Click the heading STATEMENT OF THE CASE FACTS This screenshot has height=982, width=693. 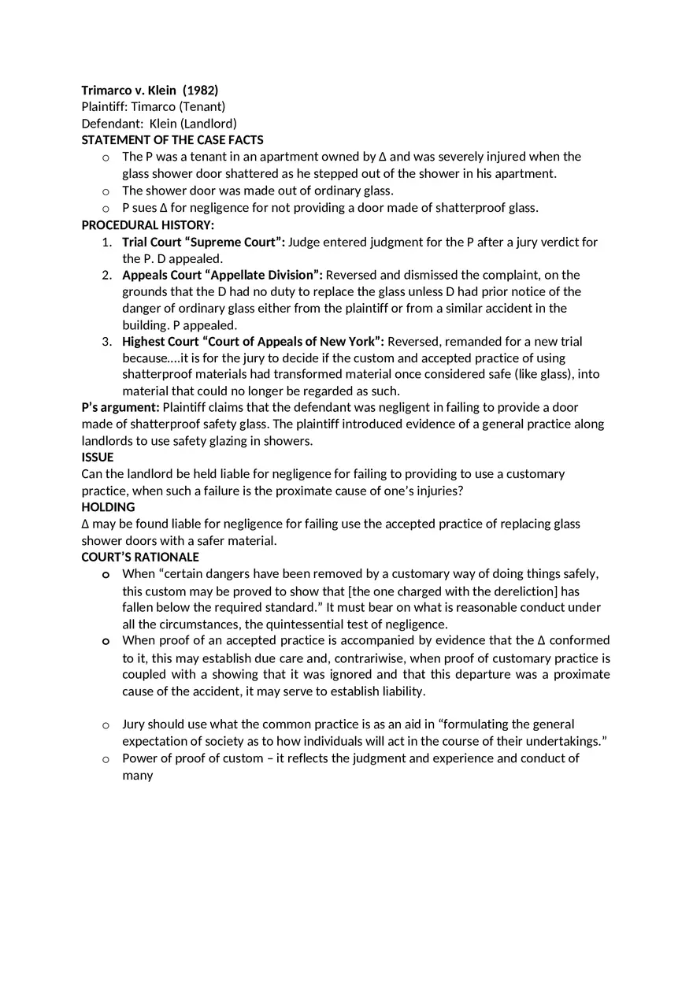[x=172, y=139]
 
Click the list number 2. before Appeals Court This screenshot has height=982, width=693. [x=106, y=275]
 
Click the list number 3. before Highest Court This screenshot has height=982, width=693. [x=106, y=341]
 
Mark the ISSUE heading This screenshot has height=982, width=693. [x=98, y=457]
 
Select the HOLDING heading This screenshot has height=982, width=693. [x=108, y=507]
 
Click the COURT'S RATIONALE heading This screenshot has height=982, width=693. [x=140, y=557]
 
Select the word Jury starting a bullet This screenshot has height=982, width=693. [x=133, y=724]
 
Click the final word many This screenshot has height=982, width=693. [x=137, y=775]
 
